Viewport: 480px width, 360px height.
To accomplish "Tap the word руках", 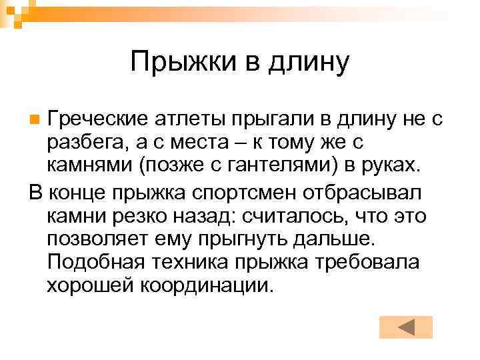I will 387,164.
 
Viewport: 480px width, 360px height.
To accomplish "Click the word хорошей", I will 91,285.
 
